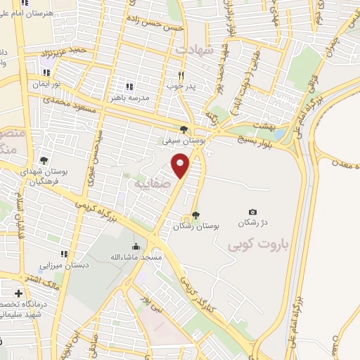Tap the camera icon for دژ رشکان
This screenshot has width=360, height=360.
(253, 212)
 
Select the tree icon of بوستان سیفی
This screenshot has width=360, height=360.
(184, 129)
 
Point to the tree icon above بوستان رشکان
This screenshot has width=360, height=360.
(195, 215)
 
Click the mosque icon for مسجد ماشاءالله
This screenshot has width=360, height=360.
(135, 247)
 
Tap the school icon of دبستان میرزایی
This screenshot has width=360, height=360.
(64, 254)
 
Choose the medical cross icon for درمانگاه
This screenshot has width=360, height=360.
(18, 292)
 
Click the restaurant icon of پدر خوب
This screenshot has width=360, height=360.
(180, 75)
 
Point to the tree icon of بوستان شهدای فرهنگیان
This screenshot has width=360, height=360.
(44, 161)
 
